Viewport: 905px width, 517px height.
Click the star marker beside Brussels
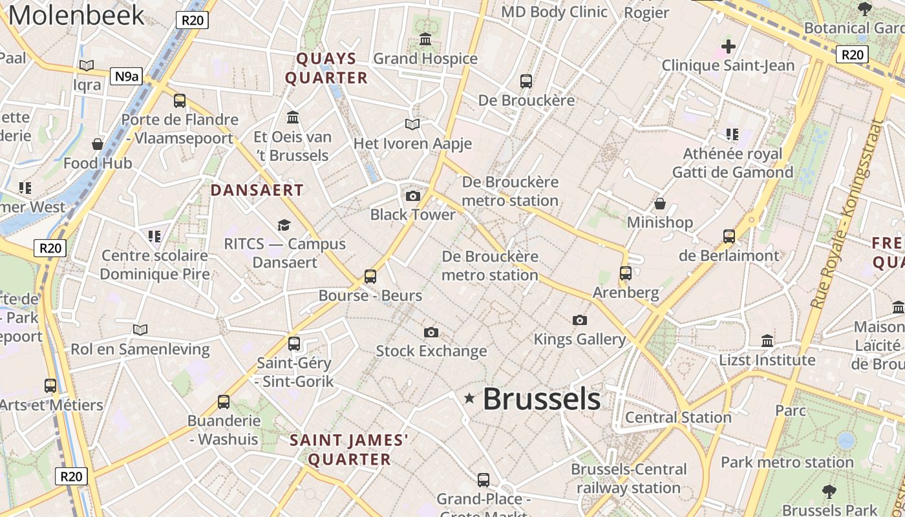(470, 399)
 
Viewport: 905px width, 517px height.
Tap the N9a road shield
(126, 77)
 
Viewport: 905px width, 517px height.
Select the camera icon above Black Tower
(412, 196)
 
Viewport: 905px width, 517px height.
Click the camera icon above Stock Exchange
(431, 332)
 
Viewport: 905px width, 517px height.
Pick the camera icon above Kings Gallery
(580, 320)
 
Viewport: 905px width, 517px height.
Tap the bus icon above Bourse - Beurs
(370, 277)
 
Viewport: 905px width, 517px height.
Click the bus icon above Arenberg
(626, 273)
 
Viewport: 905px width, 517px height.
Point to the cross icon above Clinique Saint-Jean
(729, 47)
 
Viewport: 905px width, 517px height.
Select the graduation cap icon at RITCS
(284, 225)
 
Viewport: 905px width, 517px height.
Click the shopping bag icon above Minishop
(660, 204)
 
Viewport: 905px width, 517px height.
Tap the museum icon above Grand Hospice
(425, 40)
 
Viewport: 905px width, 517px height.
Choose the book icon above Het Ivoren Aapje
(412, 124)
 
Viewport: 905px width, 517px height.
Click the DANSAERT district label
(257, 190)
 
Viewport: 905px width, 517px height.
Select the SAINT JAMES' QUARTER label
(349, 450)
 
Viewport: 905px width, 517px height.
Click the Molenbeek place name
(76, 16)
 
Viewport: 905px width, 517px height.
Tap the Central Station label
(678, 417)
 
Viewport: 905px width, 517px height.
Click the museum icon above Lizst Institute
(767, 341)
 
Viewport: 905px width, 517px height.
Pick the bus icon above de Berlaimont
(729, 237)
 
